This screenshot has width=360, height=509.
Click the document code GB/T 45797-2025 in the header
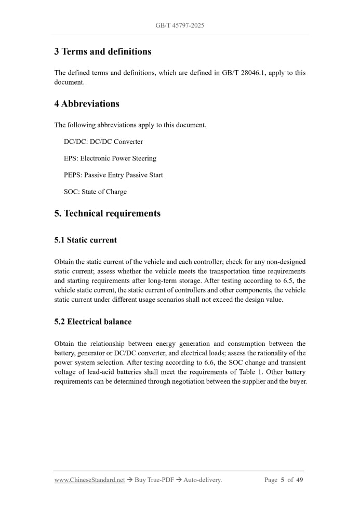[180, 25]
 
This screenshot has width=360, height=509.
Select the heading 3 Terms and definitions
[103, 51]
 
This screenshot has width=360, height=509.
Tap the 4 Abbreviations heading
[87, 103]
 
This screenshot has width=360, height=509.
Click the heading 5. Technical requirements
[107, 213]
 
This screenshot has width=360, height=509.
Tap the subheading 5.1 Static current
[85, 240]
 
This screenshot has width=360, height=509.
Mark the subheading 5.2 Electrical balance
[92, 322]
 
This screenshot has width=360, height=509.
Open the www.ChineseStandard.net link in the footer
[89, 480]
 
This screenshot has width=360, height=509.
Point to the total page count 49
[300, 480]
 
